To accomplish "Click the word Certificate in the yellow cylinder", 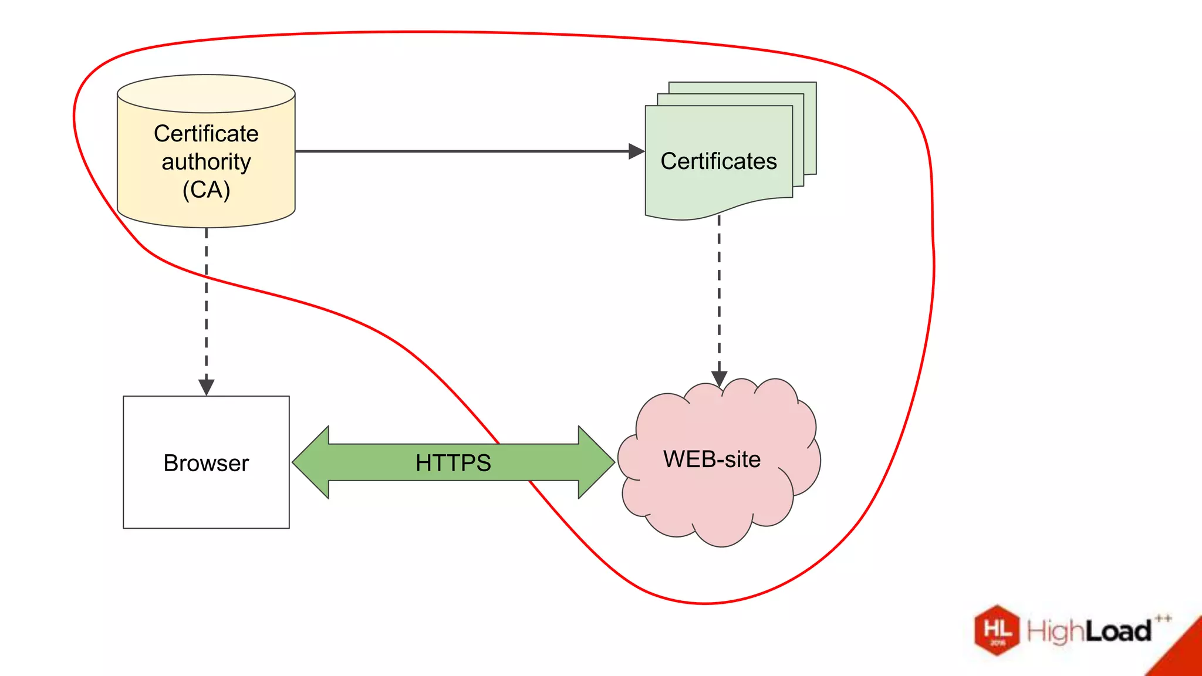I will (x=206, y=134).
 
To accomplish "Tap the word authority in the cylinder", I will (x=206, y=162).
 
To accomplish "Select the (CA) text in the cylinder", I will (x=206, y=190).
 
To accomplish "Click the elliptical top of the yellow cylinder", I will (x=206, y=93).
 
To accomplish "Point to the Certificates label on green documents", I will (x=718, y=161).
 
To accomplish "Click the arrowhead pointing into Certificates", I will (x=636, y=151).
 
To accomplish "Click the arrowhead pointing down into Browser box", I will (x=206, y=387).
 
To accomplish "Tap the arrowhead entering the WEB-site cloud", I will (x=720, y=378).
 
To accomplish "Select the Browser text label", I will (x=206, y=464).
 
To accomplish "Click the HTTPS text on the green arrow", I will (x=453, y=463).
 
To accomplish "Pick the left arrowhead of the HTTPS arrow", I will (x=311, y=462).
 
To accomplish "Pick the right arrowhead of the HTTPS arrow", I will (x=596, y=462).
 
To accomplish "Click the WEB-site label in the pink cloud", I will (x=712, y=459).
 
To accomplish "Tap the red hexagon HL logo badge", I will (x=997, y=630).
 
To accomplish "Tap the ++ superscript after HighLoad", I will (x=1163, y=618).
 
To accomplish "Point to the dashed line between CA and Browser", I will (x=206, y=305).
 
